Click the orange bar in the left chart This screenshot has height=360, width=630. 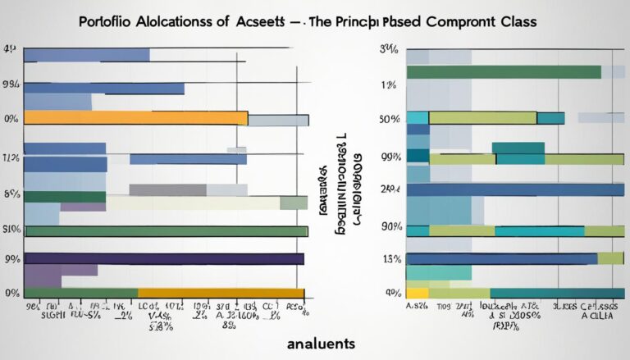click(135, 117)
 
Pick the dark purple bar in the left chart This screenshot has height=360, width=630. click(164, 258)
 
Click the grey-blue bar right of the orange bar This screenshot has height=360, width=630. click(278, 120)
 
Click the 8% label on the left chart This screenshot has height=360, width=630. click(11, 195)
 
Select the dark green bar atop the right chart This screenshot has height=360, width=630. click(504, 71)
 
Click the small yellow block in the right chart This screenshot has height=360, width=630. click(417, 293)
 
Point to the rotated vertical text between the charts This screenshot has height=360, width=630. click(347, 180)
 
